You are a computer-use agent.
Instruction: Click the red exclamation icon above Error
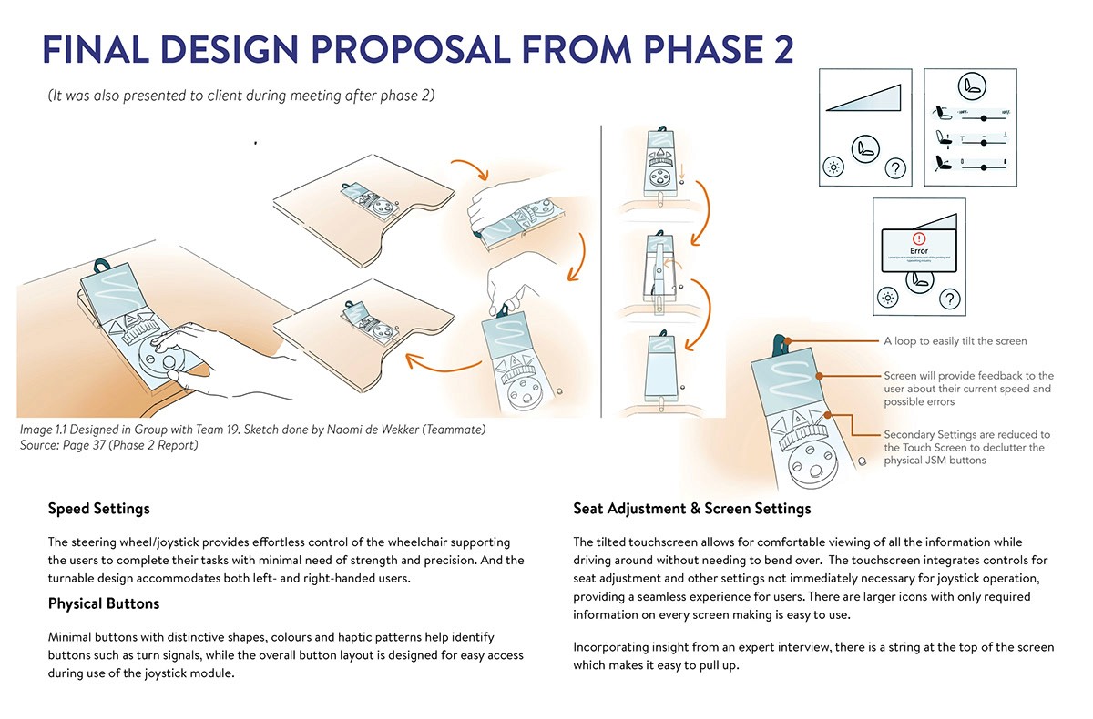[918, 238]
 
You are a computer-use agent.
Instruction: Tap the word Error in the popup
[918, 250]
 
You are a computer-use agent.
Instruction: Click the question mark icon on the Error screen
[949, 299]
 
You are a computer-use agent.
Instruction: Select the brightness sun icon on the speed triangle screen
[832, 167]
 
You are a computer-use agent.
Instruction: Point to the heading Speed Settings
[99, 508]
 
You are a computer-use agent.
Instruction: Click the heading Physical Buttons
[104, 603]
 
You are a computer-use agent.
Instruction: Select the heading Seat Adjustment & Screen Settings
[691, 508]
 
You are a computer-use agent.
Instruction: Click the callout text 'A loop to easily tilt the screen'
[955, 341]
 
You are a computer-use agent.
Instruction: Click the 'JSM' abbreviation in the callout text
[953, 461]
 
